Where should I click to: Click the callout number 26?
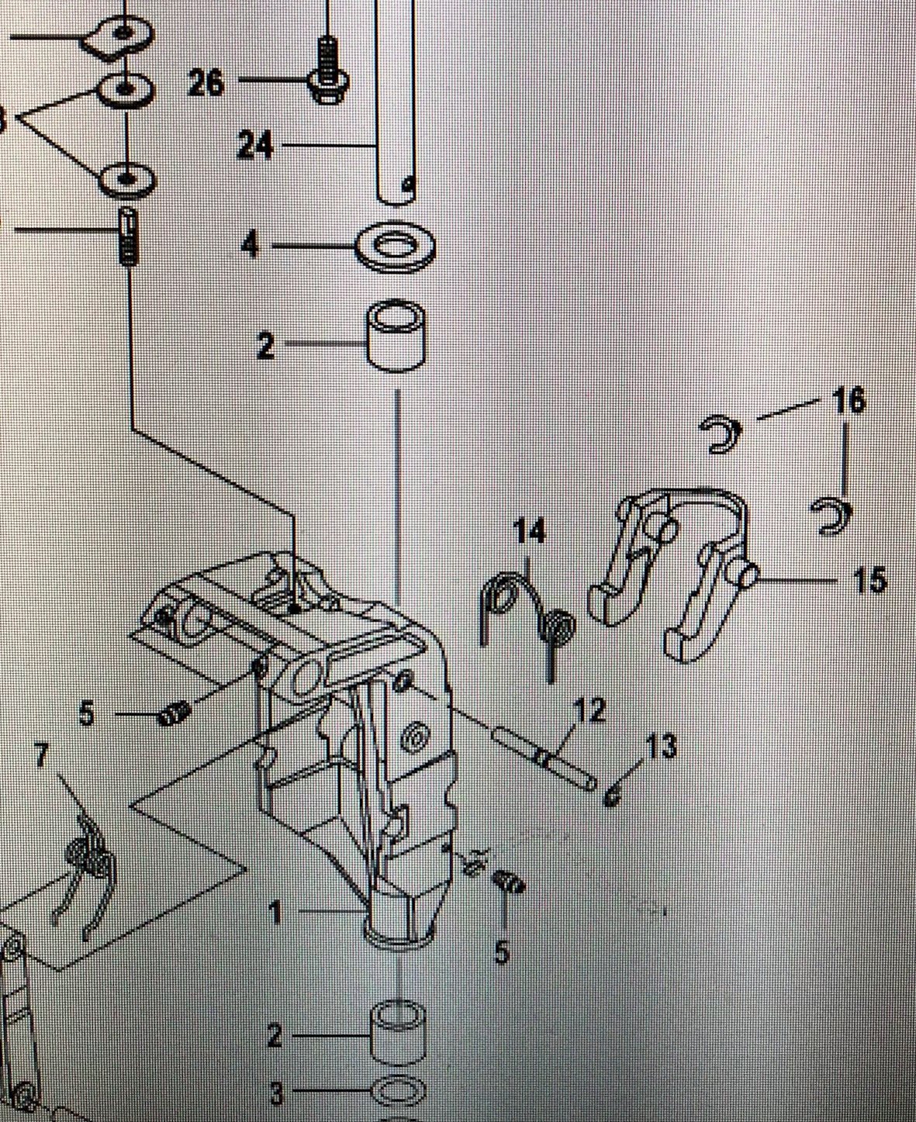pos(206,82)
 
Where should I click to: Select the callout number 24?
pos(255,144)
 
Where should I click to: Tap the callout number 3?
pos(277,1094)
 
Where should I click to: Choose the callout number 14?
pos(530,533)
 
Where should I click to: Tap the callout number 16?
pos(849,402)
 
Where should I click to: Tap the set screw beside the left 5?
pos(175,713)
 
